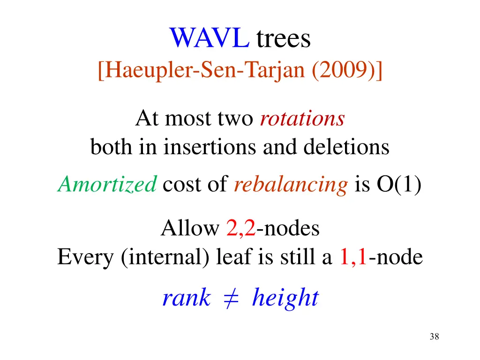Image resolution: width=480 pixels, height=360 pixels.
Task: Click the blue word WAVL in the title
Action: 209,38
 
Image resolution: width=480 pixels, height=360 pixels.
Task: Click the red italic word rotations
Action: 302,119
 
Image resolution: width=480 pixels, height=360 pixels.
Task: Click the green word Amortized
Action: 107,186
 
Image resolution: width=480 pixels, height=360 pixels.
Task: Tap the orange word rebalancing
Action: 291,186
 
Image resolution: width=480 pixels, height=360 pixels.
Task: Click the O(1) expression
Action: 398,186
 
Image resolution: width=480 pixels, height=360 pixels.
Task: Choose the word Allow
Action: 190,229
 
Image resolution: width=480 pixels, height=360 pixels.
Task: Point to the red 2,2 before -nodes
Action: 241,229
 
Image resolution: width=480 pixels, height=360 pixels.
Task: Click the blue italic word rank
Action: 186,298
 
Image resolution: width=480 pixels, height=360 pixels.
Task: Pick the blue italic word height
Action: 285,298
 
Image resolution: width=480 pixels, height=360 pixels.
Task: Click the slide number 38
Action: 434,337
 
